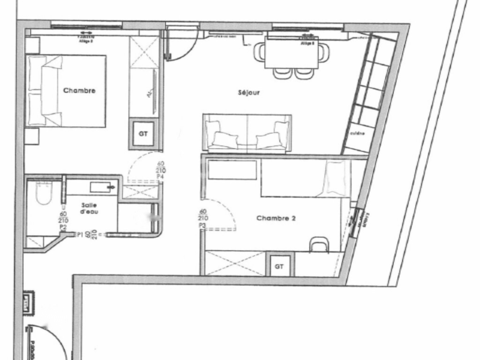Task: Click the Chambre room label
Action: point(79,90)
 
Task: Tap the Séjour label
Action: point(248,93)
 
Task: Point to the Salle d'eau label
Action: point(89,208)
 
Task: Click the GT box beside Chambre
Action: point(143,134)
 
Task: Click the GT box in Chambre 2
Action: point(279,267)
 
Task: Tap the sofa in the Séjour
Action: point(247,133)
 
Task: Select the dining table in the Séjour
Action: point(291,52)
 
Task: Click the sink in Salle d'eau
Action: point(103,187)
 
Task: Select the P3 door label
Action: point(203,225)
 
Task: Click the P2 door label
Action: point(63,227)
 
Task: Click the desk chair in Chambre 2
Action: point(320,244)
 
